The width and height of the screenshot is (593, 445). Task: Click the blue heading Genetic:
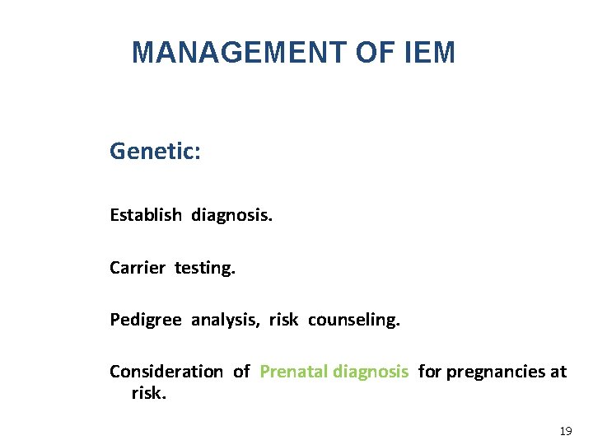click(x=155, y=152)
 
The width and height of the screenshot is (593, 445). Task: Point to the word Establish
click(x=146, y=215)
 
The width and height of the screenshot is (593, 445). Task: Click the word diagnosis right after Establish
click(x=231, y=215)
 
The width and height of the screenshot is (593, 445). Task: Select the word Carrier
click(x=138, y=268)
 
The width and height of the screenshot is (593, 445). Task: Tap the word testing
click(x=204, y=268)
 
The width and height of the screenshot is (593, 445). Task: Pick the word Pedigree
click(x=146, y=320)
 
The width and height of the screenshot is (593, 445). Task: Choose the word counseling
click(x=354, y=320)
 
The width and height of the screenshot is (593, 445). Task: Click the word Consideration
click(x=166, y=372)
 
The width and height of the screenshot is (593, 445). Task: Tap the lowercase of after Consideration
click(x=241, y=372)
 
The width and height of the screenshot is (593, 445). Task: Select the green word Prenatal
click(x=293, y=372)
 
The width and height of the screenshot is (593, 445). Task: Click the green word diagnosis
click(x=371, y=372)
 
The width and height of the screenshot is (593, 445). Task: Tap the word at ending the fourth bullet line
click(x=558, y=372)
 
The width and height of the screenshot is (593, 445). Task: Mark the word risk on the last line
click(x=148, y=393)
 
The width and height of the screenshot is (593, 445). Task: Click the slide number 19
click(x=565, y=431)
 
